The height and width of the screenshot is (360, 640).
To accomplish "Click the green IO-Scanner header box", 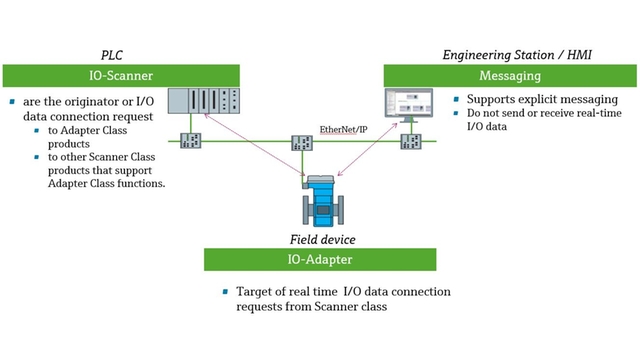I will [x=122, y=75].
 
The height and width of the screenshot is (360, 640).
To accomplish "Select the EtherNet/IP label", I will [x=343, y=129].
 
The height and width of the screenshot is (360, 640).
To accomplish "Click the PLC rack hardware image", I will [x=205, y=101].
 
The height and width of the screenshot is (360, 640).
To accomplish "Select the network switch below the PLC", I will [x=189, y=142].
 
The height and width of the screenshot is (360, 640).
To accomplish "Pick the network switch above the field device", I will [x=301, y=143].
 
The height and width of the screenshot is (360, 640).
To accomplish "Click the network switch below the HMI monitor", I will [x=410, y=142].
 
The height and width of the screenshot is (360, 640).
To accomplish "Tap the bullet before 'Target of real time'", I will [x=226, y=292].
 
